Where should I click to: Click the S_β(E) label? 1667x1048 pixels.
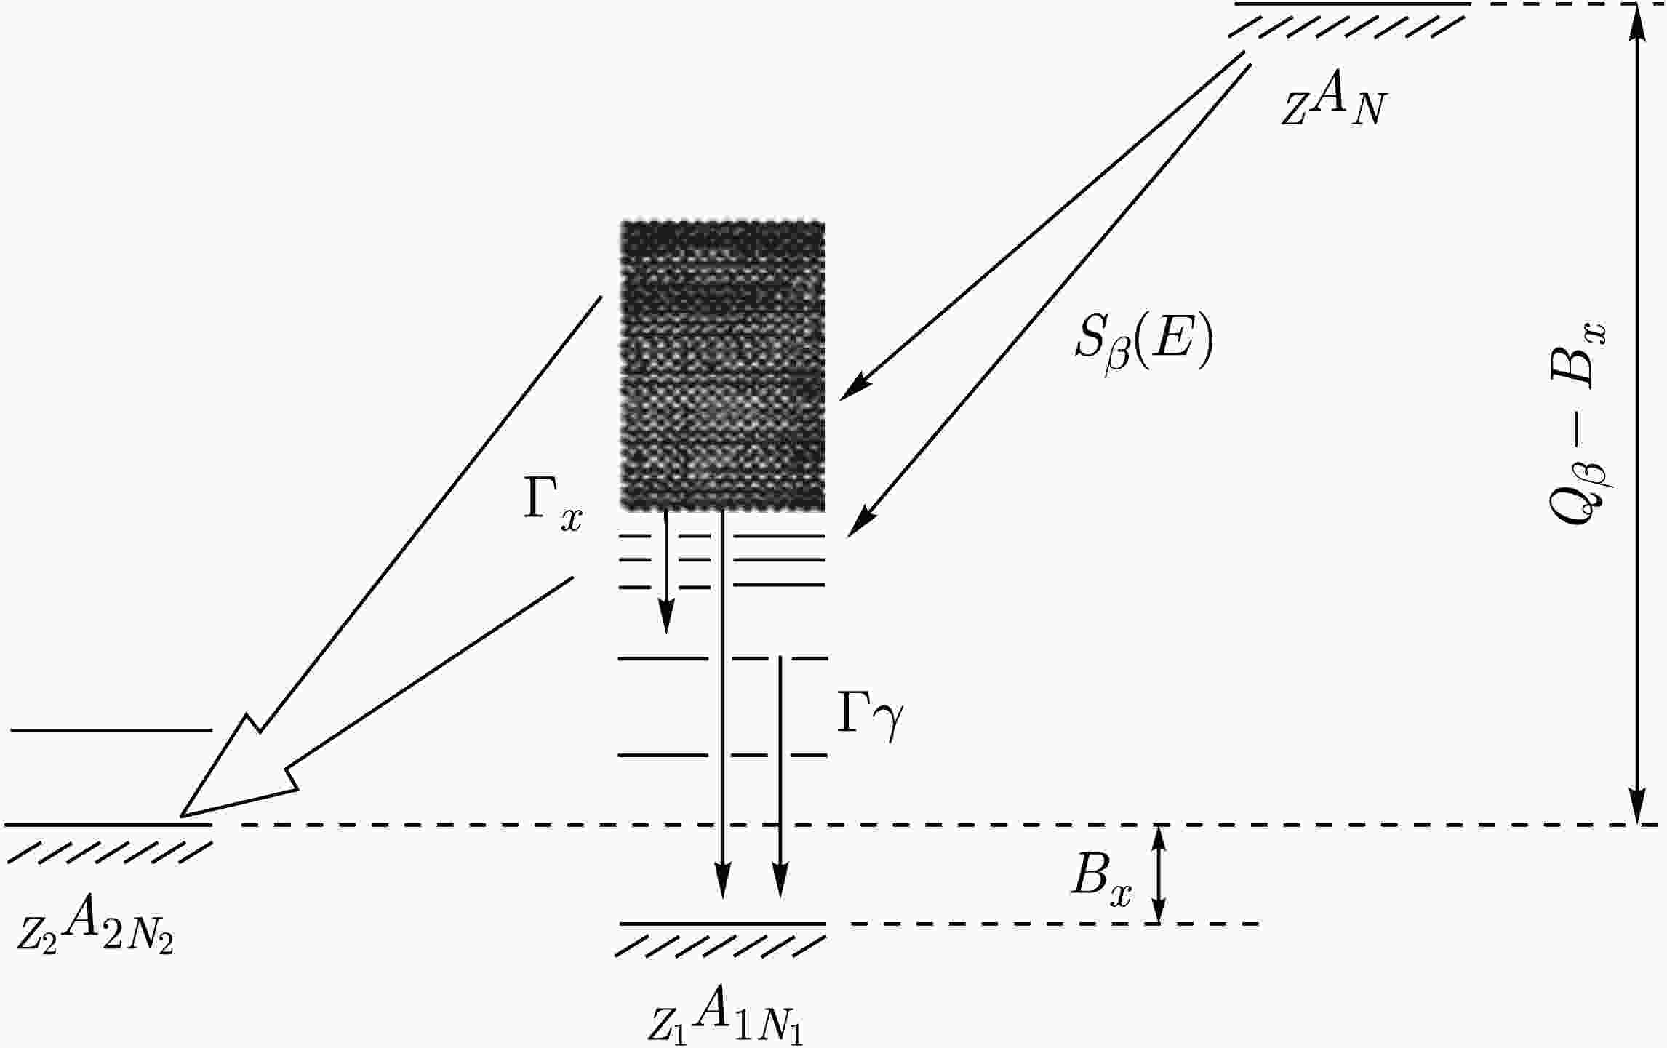coord(1144,345)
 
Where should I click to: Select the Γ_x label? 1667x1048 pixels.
coord(553,506)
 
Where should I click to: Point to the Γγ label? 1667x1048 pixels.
coord(870,716)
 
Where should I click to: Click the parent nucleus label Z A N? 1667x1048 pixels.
coord(1332,105)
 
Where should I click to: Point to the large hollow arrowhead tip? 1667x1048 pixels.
coord(183,814)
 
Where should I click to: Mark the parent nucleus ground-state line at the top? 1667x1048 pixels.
coord(1352,4)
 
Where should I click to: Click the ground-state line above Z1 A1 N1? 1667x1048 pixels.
coord(722,924)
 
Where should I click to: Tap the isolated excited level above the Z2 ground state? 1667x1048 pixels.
coord(111,729)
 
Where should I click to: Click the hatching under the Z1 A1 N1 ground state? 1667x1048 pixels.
coord(720,946)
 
